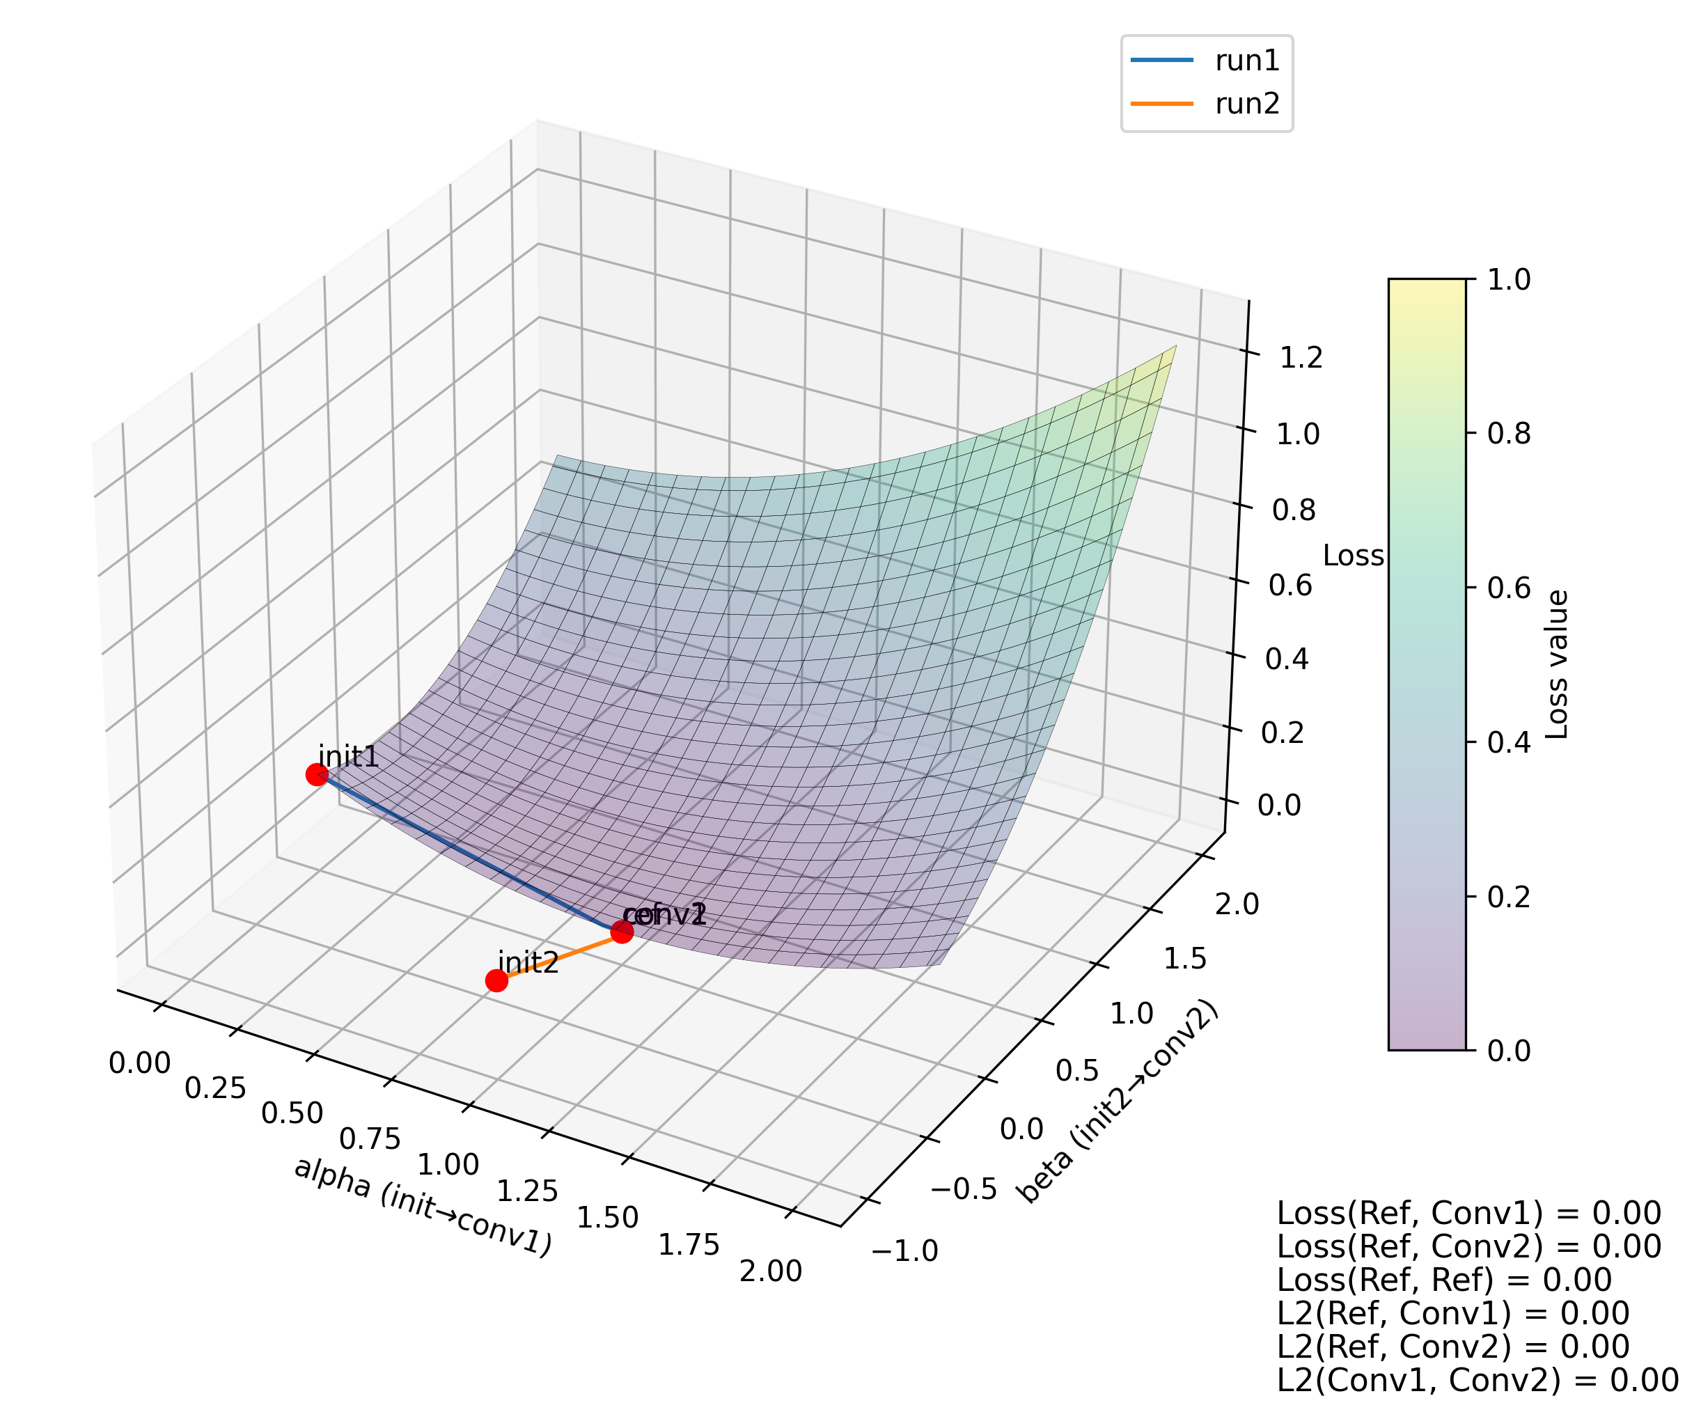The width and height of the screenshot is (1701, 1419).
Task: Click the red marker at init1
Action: coord(317,775)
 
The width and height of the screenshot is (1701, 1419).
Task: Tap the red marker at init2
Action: coord(496,981)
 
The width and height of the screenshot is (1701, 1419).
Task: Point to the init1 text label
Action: coord(348,756)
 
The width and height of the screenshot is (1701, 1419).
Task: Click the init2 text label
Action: coord(528,962)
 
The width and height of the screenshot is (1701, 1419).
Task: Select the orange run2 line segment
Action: coord(559,957)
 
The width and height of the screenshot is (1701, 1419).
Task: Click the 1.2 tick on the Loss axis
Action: coord(1301,357)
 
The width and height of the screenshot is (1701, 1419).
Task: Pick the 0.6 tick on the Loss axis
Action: coord(1290,586)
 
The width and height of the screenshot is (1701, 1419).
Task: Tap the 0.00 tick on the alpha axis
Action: coord(140,1063)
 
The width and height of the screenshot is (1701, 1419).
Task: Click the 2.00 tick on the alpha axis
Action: coord(770,1271)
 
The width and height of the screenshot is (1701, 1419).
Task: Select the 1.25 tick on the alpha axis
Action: coord(527,1191)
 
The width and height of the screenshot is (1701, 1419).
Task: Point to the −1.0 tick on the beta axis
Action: coord(904,1251)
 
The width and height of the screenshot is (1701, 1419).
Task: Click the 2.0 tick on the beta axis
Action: coord(1237,903)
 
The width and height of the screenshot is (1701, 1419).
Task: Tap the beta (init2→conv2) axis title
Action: coord(1117,1102)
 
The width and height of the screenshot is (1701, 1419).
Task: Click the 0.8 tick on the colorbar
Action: coord(1509,434)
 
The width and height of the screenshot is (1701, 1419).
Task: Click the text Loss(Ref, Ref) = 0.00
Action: coord(1444,1280)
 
